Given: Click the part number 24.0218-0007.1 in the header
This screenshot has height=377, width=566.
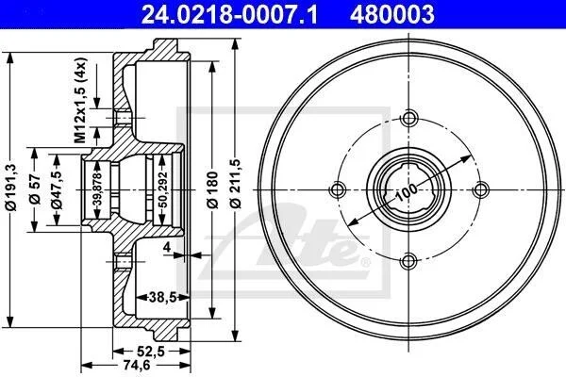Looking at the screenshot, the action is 229,14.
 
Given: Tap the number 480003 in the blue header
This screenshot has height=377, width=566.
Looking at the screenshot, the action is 392,14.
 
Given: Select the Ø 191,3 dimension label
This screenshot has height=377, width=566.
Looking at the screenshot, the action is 11,187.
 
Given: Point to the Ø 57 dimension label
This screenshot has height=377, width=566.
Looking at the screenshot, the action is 35,189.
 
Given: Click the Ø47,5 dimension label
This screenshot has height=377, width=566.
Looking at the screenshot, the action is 57,189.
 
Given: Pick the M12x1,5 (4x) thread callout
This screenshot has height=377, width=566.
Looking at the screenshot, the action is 80,100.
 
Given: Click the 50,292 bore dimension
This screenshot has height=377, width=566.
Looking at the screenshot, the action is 163,189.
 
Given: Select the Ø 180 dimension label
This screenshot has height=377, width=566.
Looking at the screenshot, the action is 212,189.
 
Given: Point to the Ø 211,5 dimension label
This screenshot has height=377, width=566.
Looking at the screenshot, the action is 235,184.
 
